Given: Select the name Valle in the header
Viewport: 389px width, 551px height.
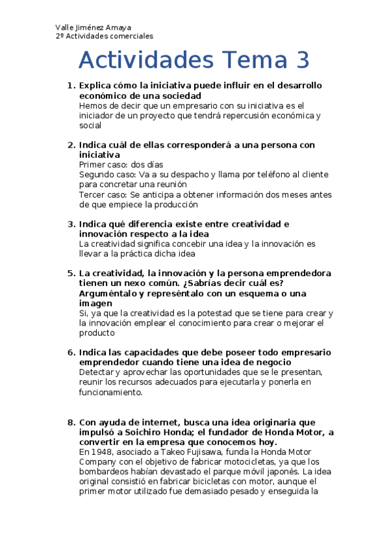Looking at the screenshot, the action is coord(66,28).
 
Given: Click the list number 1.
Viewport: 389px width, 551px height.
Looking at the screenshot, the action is coord(71,85).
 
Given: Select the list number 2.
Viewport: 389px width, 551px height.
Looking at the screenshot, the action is coord(71,145).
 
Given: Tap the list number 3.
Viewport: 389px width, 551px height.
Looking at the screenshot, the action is coord(71,224).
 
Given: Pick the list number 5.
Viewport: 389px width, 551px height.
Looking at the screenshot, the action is coord(71,273).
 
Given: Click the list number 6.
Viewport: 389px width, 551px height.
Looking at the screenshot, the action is coord(71,352).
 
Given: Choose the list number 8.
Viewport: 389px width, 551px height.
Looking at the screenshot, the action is coord(71,422).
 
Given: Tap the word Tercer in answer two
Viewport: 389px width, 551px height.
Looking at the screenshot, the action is coord(92,194).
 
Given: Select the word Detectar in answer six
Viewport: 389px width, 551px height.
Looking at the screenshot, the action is coord(96,372).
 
